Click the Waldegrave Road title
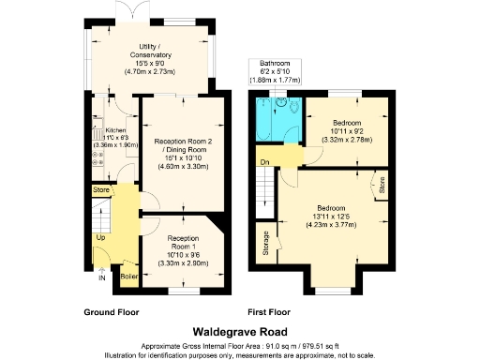(239, 331)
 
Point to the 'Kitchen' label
(115, 130)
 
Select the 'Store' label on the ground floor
(101, 190)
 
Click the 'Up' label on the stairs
(100, 237)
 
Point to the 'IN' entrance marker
(101, 277)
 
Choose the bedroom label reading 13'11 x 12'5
(335, 214)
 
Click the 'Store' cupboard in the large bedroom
(381, 185)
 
